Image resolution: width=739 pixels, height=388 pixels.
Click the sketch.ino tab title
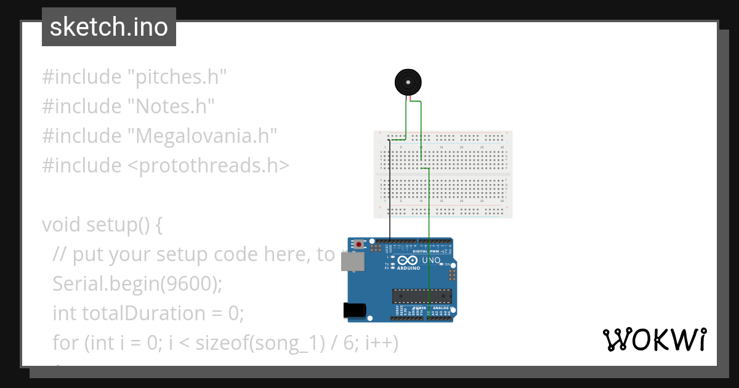(108, 27)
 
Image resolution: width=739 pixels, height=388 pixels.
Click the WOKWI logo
(654, 339)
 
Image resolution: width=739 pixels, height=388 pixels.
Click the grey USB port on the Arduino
(353, 262)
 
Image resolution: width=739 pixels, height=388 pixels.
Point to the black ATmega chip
(422, 296)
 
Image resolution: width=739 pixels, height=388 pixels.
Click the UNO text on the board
(430, 261)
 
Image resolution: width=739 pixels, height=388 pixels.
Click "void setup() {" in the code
(102, 225)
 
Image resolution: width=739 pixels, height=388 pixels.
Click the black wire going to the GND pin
(389, 197)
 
